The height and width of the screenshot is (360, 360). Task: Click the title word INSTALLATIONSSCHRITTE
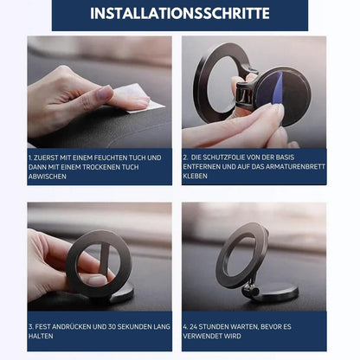pos(180,13)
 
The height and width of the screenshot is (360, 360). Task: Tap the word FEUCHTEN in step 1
pos(111,157)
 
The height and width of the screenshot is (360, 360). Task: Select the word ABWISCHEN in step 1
pos(48,177)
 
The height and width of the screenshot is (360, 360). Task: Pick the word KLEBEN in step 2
pos(195,176)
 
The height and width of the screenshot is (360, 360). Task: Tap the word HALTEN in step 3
pos(41,336)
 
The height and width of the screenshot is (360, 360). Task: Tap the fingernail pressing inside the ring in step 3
pos(97,280)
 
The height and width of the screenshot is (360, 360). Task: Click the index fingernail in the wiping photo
pos(104,93)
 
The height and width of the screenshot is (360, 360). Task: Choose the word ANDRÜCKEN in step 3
pos(69,326)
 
